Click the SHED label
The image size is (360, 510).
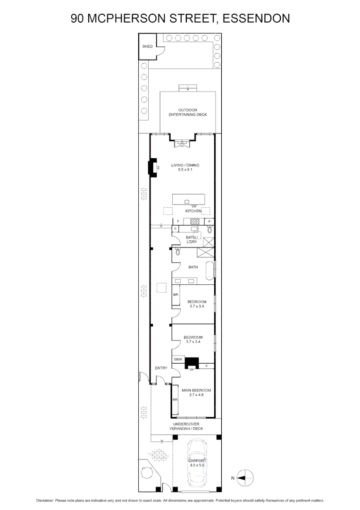point(148,47)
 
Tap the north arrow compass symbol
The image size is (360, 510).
point(245,478)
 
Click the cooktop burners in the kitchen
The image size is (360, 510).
point(195,221)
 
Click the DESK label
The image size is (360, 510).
point(178,359)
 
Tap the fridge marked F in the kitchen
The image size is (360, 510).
point(178,221)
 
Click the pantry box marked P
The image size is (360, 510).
point(210,221)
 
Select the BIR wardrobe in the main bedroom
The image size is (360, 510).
point(175,400)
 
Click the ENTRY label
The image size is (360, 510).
point(161,368)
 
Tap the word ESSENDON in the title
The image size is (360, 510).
point(256,18)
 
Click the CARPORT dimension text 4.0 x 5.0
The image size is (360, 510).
point(196,465)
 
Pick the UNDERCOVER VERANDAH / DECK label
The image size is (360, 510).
point(186,426)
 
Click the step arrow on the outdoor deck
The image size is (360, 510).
point(188,88)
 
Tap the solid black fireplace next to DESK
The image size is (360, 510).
point(192,363)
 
